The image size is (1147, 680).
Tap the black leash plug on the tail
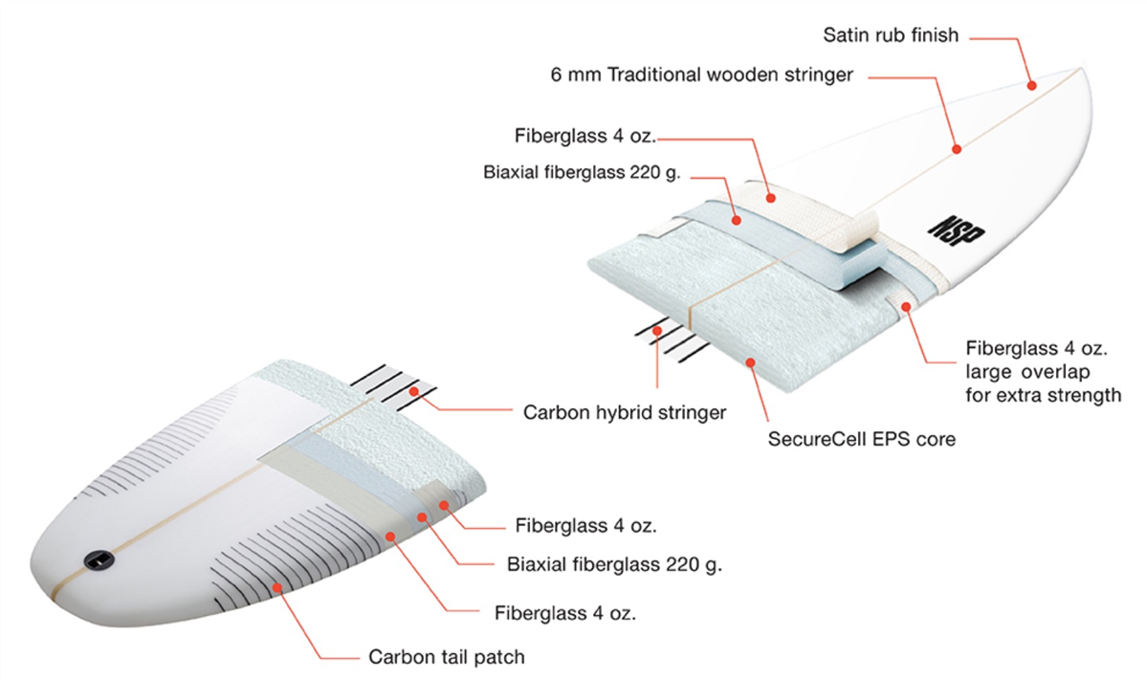98,560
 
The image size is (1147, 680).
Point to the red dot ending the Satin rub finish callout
1031,85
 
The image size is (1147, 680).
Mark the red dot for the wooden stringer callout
956,149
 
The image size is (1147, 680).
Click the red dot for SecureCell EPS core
750,362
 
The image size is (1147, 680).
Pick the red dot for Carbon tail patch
277,587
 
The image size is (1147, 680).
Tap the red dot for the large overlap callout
906,307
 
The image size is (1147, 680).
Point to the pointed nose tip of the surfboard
1082,68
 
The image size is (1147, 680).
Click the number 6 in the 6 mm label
556,75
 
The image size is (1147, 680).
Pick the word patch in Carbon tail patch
499,657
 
